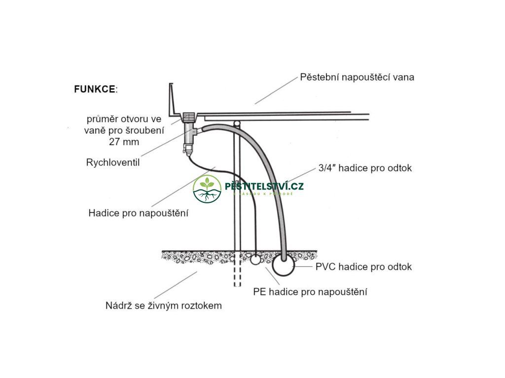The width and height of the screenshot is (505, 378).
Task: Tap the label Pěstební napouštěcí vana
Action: pos(357,77)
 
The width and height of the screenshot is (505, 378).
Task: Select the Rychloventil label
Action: pos(113,162)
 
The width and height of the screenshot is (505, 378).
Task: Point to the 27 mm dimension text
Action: pos(124,142)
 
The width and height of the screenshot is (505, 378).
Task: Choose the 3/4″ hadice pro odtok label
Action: pos(365,168)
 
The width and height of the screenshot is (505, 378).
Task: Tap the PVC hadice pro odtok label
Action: pos(363,267)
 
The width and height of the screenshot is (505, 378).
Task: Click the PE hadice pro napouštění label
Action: pos(310,292)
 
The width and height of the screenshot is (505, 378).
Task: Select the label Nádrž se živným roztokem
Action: pos(164,306)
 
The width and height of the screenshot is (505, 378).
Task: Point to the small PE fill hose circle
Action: pos(254,259)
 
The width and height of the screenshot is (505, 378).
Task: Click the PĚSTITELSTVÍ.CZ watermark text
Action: pos(264,187)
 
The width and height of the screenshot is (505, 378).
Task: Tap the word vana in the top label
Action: pos(403,77)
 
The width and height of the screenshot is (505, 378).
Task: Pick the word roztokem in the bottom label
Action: pos(200,306)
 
